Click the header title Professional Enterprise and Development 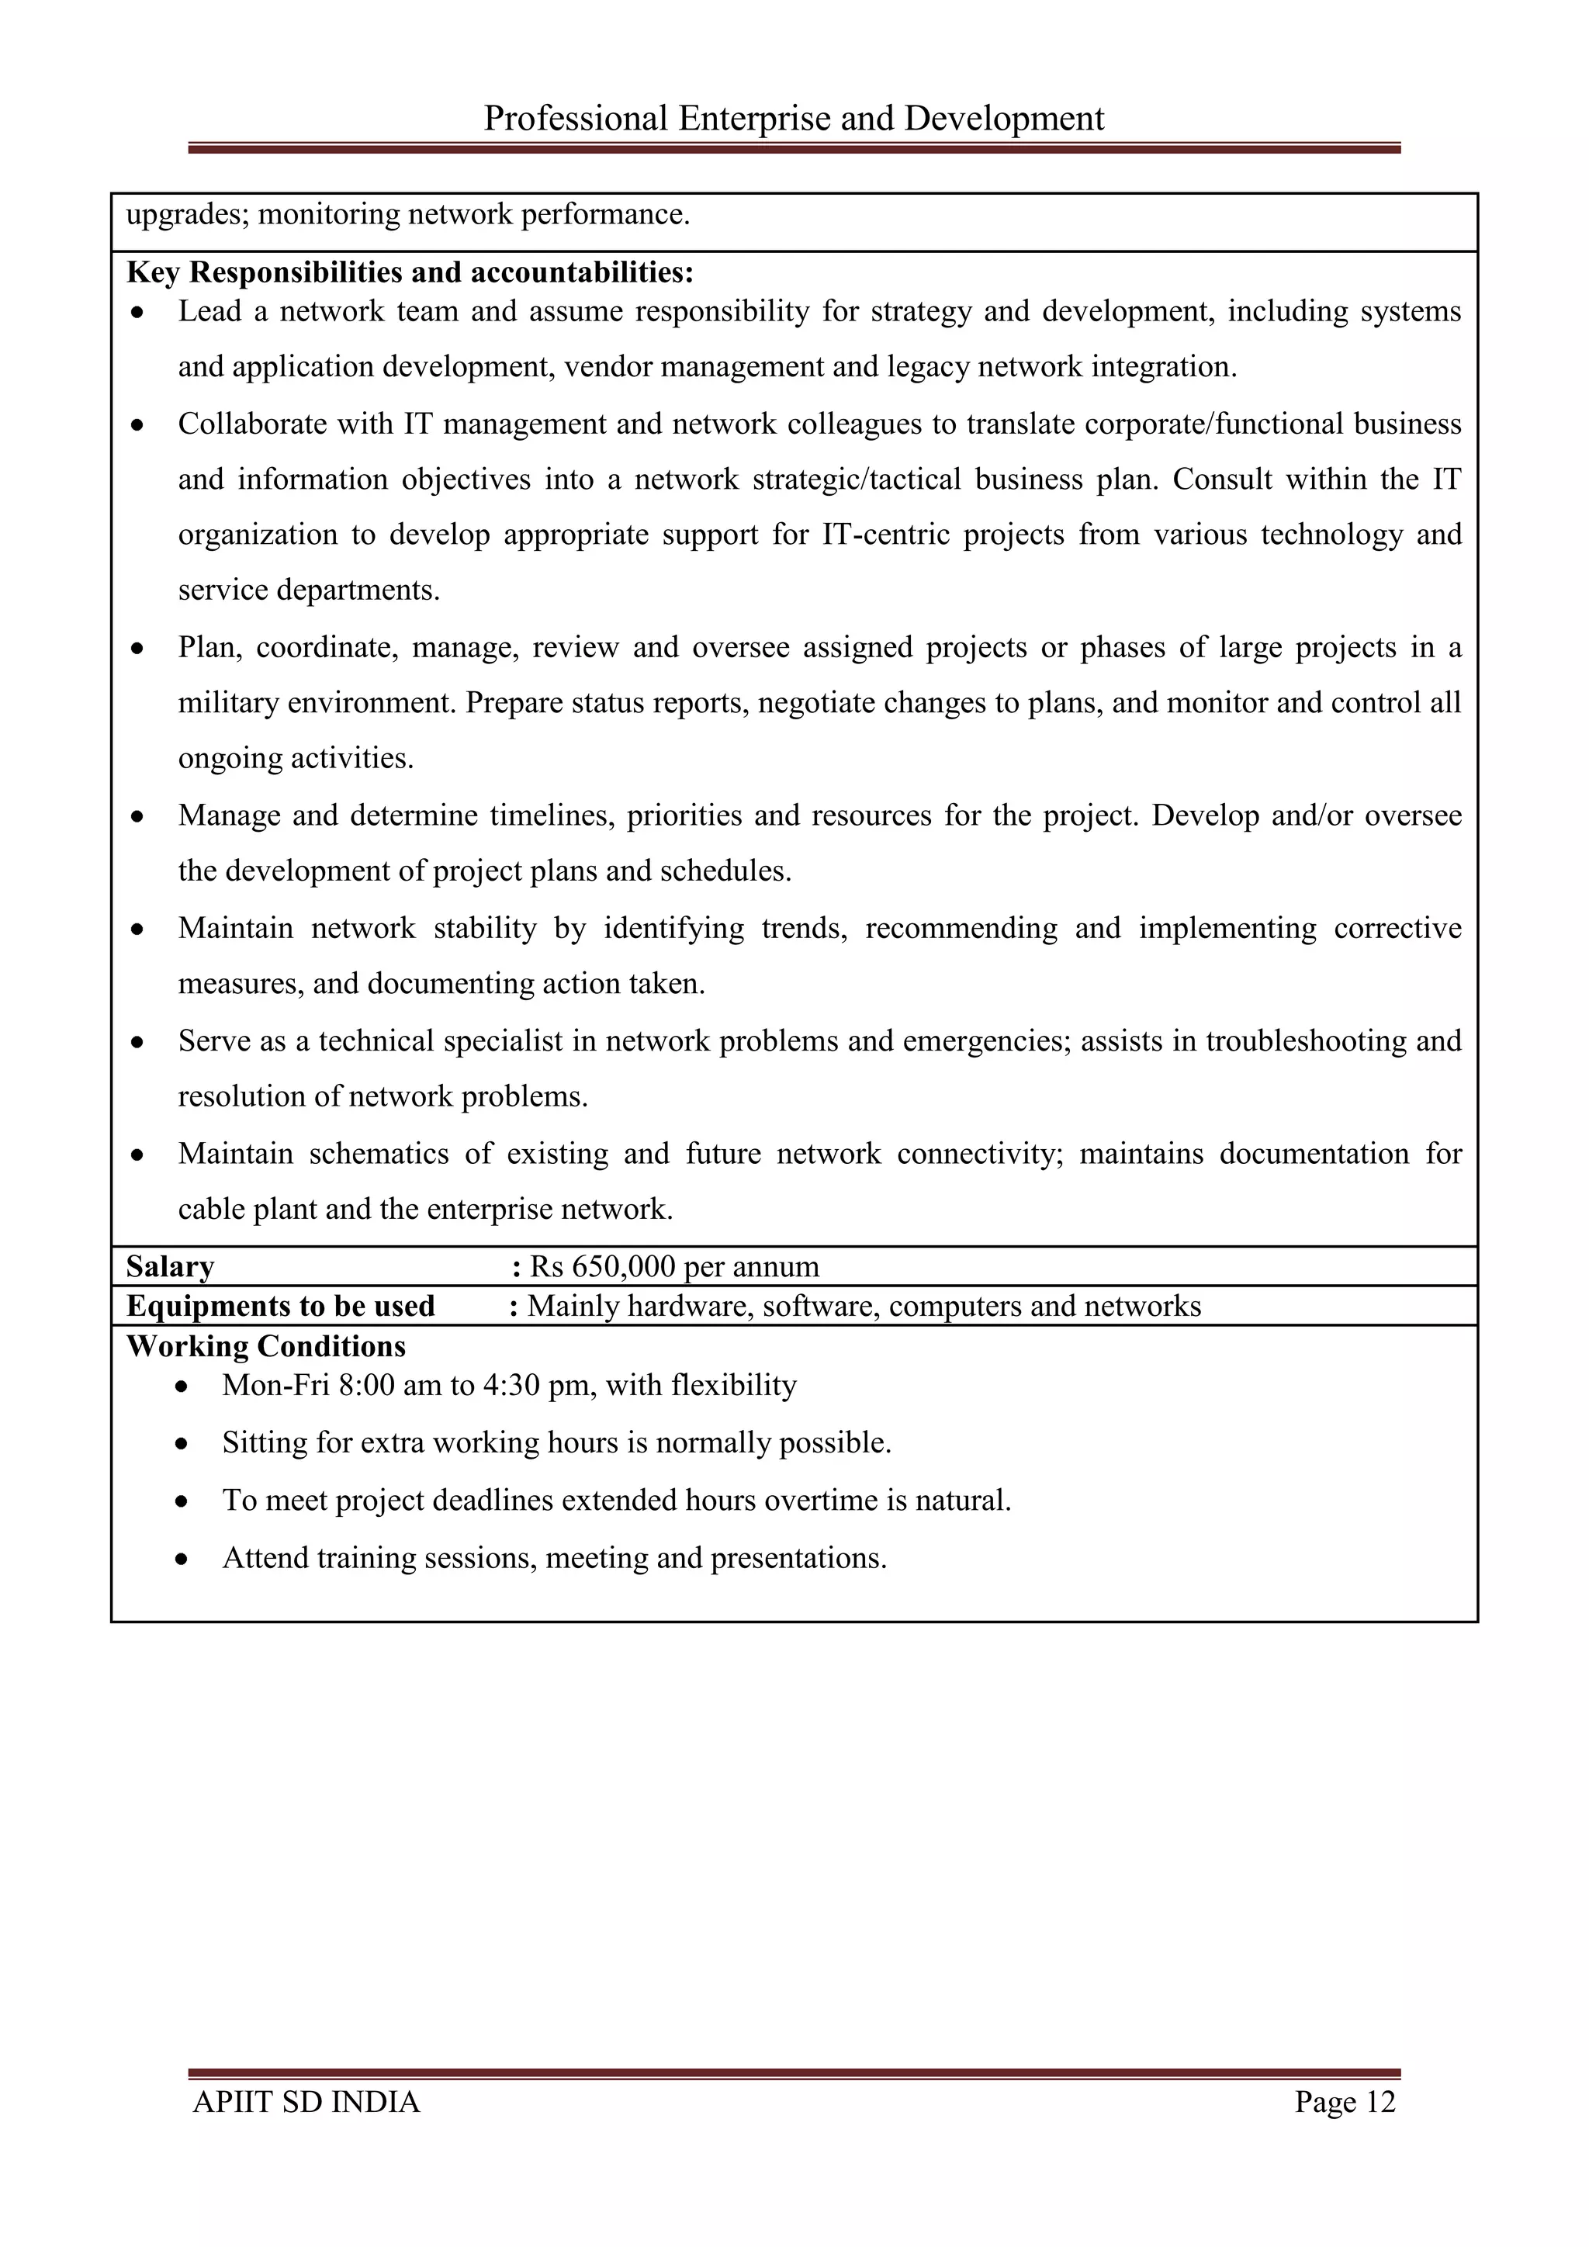pyautogui.click(x=794, y=119)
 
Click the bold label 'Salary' pyautogui.click(x=170, y=1266)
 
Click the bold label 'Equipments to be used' pyautogui.click(x=281, y=1307)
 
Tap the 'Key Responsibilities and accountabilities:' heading pyautogui.click(x=410, y=272)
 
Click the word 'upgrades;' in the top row pyautogui.click(x=188, y=214)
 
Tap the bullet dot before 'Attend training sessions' pyautogui.click(x=182, y=1559)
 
